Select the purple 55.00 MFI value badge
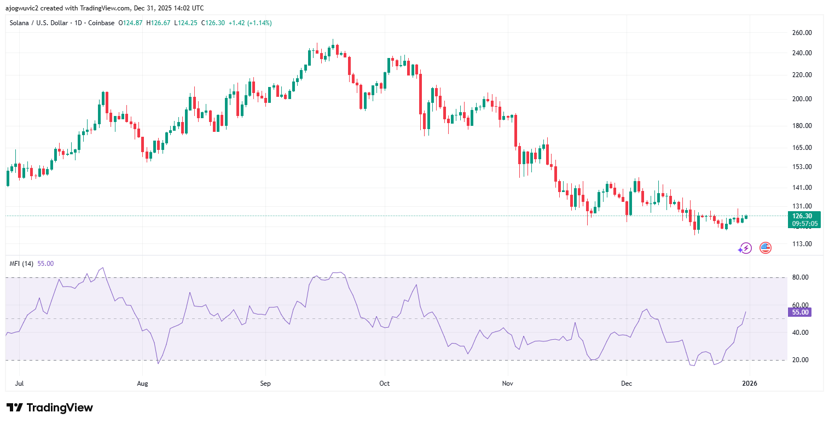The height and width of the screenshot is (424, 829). (799, 312)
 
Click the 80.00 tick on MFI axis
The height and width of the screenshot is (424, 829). (801, 277)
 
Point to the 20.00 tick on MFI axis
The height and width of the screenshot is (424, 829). (801, 360)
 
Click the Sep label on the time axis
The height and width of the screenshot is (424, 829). (265, 384)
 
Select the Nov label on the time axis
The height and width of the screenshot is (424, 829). (508, 384)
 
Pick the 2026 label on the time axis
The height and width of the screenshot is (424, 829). (749, 384)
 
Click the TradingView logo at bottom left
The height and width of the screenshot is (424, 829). (50, 408)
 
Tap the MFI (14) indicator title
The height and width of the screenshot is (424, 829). (21, 264)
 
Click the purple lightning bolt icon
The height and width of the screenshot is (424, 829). (746, 248)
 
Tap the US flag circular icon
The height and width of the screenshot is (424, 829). (766, 248)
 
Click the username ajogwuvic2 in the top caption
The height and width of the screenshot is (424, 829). (22, 8)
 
